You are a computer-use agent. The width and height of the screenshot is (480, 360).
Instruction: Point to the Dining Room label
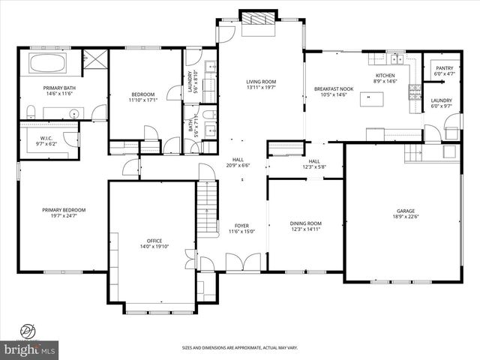(305, 223)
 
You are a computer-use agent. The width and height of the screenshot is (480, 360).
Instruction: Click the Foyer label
(241, 225)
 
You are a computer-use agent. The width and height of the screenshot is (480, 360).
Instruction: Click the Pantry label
(443, 68)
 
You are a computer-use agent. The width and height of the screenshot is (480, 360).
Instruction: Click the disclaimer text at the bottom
(240, 348)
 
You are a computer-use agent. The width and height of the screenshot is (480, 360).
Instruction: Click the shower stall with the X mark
(95, 58)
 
